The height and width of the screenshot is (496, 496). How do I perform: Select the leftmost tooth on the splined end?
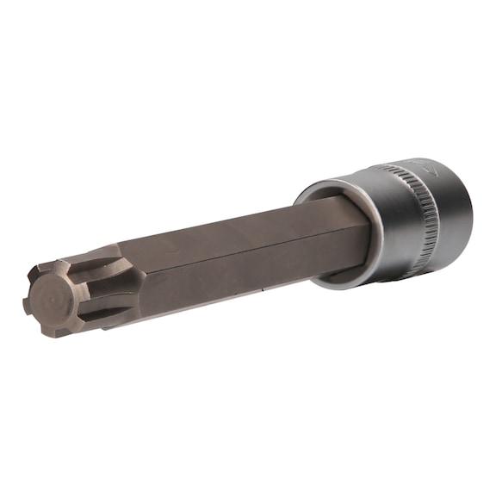27,301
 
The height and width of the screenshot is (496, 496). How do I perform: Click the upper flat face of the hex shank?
232,232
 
